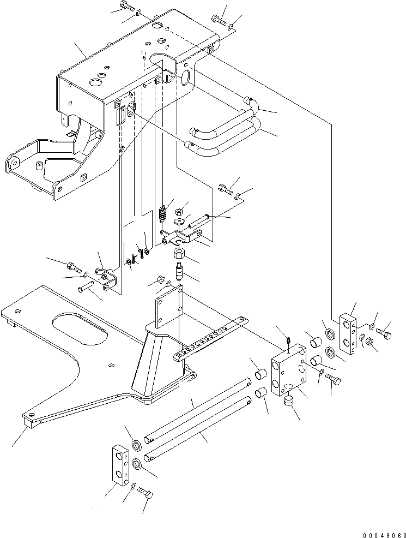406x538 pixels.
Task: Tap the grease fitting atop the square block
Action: pyautogui.click(x=288, y=341)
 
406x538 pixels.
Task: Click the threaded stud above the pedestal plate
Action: pyautogui.click(x=179, y=271)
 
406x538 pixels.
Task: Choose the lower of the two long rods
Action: pyautogui.click(x=198, y=428)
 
